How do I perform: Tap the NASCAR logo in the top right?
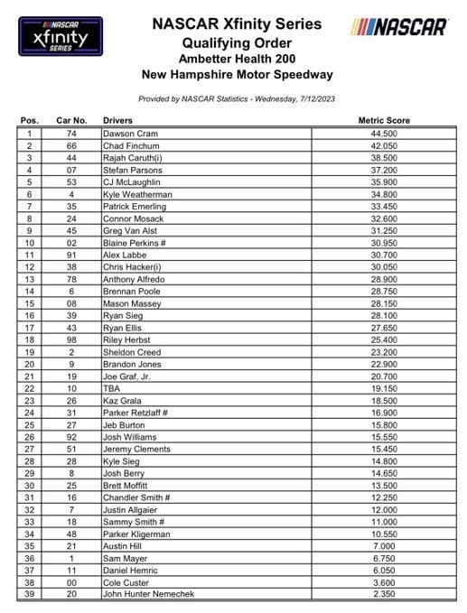click(x=398, y=26)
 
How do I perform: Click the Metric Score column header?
click(x=383, y=120)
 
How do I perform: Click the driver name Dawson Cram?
click(x=130, y=134)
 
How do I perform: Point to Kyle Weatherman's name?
click(x=138, y=194)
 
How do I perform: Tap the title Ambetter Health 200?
click(x=236, y=59)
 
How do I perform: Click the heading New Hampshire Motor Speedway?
click(x=236, y=75)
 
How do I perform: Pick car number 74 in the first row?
click(x=70, y=134)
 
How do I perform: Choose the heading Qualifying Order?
click(x=236, y=42)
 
